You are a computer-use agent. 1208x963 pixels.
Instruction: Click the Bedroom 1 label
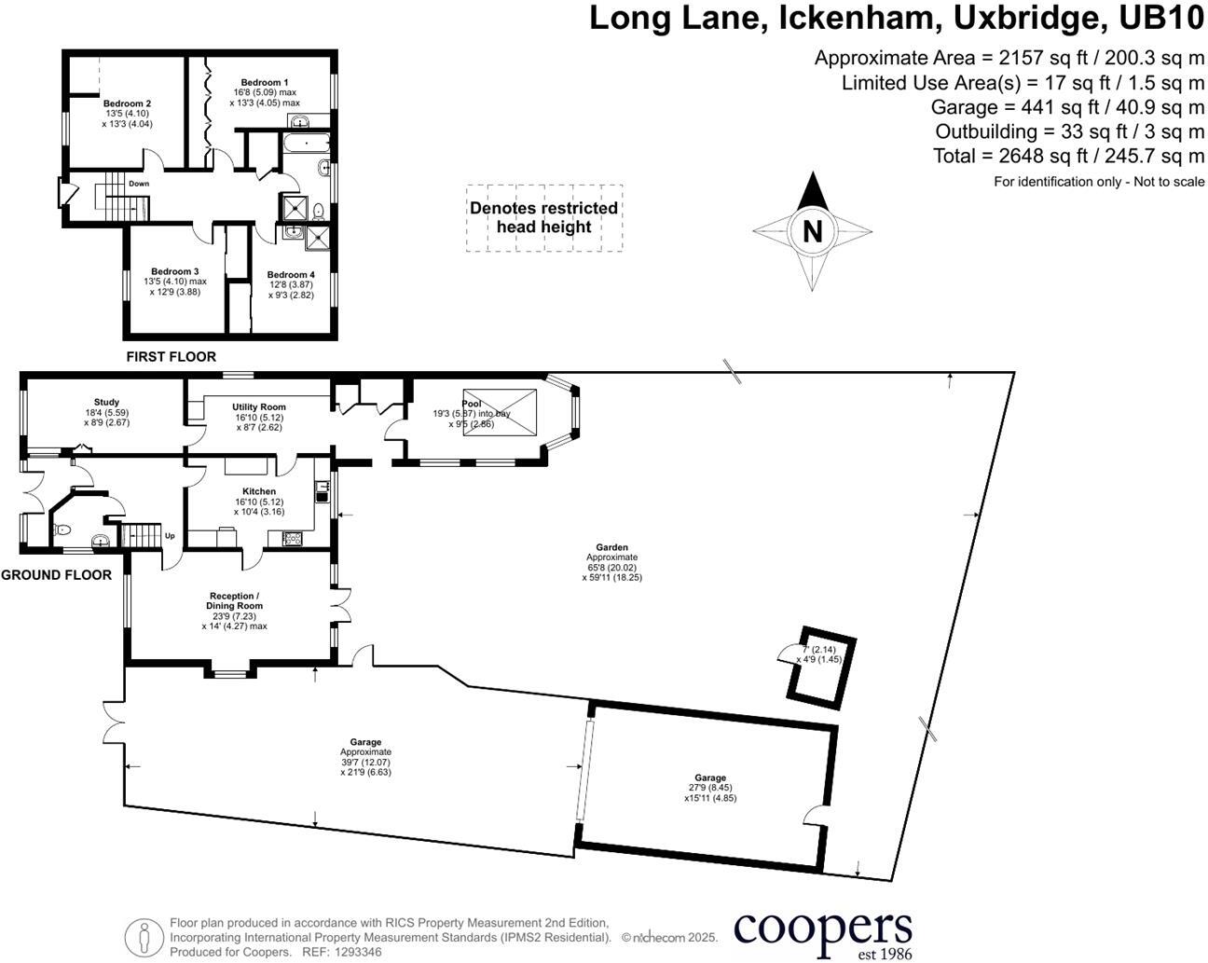pyautogui.click(x=265, y=83)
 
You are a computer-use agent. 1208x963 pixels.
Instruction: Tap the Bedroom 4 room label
pyautogui.click(x=291, y=275)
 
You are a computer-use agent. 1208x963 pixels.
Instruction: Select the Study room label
pyautogui.click(x=106, y=402)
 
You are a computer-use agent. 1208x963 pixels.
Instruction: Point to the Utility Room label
pyautogui.click(x=259, y=407)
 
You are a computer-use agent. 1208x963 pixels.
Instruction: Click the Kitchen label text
pyautogui.click(x=259, y=491)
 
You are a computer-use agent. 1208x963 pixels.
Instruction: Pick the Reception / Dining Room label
pyautogui.click(x=234, y=600)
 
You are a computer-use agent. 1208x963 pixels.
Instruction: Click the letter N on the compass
pyautogui.click(x=812, y=231)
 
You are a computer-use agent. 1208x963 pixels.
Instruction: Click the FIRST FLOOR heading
pyautogui.click(x=172, y=356)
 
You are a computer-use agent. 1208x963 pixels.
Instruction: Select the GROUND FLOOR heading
pyautogui.click(x=56, y=575)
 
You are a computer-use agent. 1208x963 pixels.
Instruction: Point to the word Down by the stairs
pyautogui.click(x=139, y=184)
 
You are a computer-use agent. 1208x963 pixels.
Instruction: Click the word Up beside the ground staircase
pyautogui.click(x=170, y=536)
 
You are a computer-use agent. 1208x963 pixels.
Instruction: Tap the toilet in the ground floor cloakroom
pyautogui.click(x=62, y=530)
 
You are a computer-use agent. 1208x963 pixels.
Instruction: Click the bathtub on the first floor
pyautogui.click(x=306, y=143)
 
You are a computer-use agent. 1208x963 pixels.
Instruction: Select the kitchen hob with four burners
pyautogui.click(x=293, y=539)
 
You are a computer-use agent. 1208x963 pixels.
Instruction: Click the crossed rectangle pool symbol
pyautogui.click(x=500, y=413)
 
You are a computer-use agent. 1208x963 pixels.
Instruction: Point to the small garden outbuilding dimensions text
pyautogui.click(x=819, y=654)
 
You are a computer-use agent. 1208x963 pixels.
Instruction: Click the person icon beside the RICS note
pyautogui.click(x=144, y=937)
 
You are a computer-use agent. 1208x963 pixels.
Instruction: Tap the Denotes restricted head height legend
pyautogui.click(x=544, y=217)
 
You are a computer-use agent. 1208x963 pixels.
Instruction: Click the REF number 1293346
pyautogui.click(x=358, y=952)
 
